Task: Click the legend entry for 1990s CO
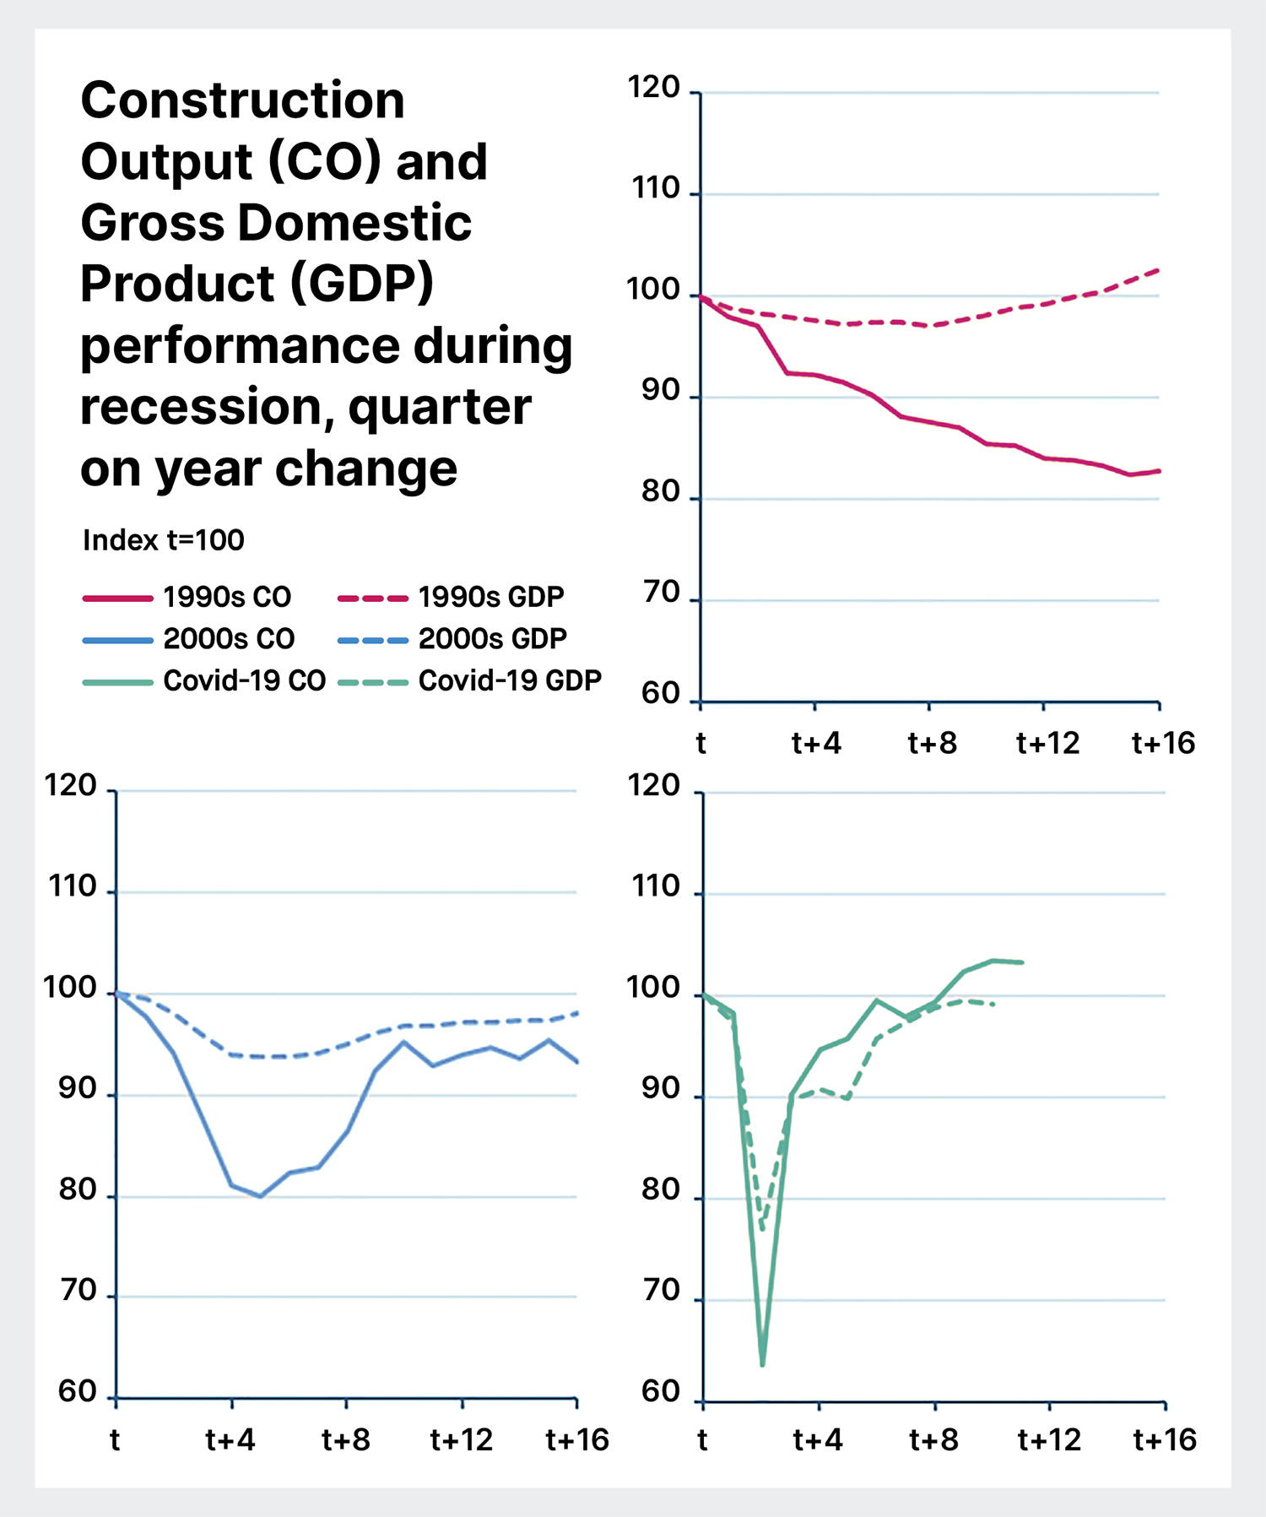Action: click(226, 597)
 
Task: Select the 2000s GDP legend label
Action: click(492, 638)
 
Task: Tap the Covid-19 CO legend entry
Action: click(244, 680)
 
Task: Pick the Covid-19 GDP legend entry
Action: click(510, 680)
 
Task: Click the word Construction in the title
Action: click(242, 100)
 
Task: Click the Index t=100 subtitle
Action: click(164, 540)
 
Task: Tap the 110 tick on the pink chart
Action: click(656, 188)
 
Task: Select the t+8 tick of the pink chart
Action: click(932, 743)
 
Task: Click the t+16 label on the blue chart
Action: click(577, 1439)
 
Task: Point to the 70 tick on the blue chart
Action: click(78, 1291)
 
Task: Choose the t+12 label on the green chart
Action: click(1049, 1439)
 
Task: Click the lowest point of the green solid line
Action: click(762, 1364)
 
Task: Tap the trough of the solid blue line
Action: click(261, 1196)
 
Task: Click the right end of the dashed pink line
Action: click(1158, 270)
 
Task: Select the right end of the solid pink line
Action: click(1159, 471)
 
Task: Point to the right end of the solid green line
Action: click(1022, 962)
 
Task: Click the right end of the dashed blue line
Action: click(577, 1012)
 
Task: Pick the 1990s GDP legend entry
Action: click(490, 597)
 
